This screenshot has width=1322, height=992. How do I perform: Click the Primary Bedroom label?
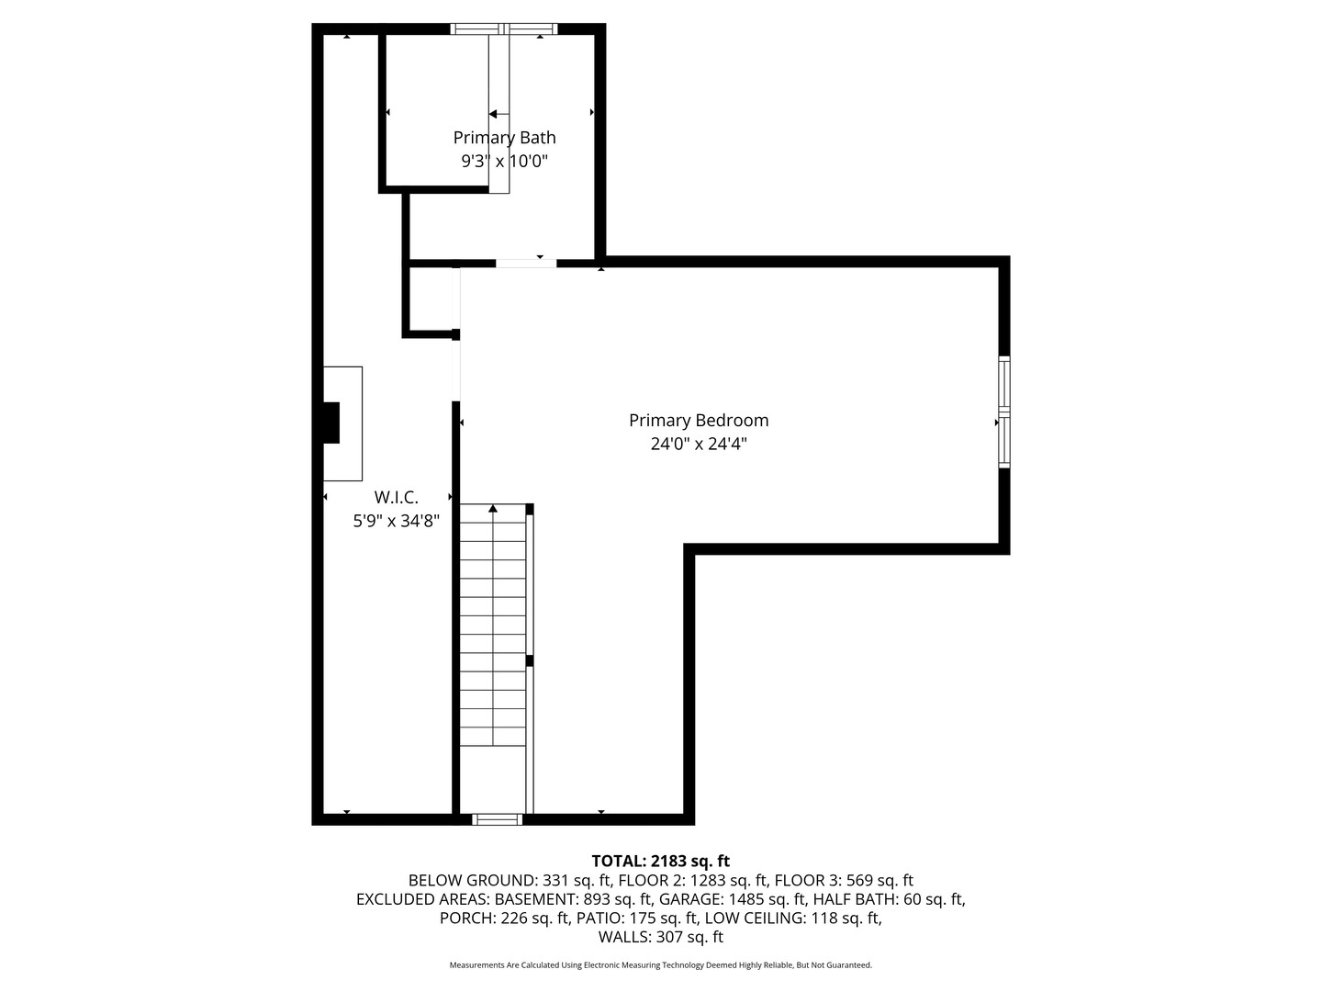click(x=699, y=421)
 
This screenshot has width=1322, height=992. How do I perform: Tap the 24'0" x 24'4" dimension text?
click(x=699, y=445)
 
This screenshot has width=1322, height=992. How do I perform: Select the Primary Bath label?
click(x=504, y=138)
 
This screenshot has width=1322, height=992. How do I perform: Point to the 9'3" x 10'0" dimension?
click(x=504, y=162)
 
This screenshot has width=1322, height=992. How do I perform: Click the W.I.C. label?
click(x=396, y=498)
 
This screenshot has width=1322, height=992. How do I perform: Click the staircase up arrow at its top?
click(x=493, y=508)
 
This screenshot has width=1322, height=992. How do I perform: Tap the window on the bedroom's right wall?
click(x=1004, y=411)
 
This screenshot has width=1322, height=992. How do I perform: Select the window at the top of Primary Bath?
click(x=504, y=28)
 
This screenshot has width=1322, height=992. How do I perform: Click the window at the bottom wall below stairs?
click(x=497, y=819)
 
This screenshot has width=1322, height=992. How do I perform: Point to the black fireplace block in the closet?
click(x=330, y=423)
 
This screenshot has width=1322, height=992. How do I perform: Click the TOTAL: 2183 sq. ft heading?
click(x=660, y=861)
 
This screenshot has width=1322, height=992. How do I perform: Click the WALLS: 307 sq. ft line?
click(x=660, y=938)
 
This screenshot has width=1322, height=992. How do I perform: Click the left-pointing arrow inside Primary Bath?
click(x=495, y=114)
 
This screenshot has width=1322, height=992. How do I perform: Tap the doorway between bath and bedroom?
click(x=526, y=264)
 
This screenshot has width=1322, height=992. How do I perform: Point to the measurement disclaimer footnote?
click(x=660, y=965)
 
